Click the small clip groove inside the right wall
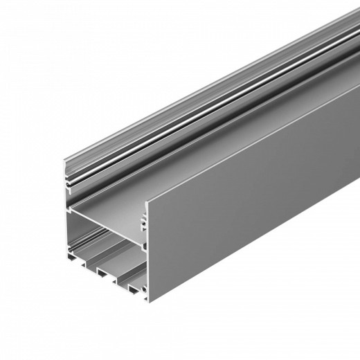[x=145, y=219]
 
